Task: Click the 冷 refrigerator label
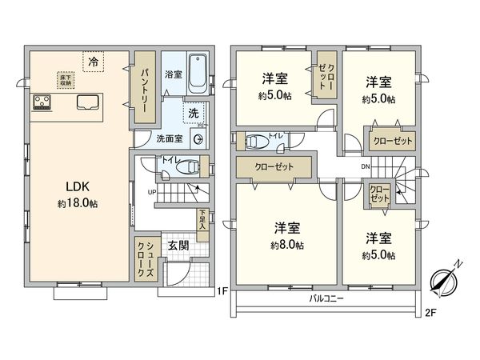coord(94,61)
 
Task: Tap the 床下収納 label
coord(65,80)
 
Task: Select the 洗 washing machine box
coord(194,114)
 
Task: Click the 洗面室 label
coord(169,138)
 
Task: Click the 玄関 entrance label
coord(178,246)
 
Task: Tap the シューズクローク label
coord(146,258)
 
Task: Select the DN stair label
coord(366,167)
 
